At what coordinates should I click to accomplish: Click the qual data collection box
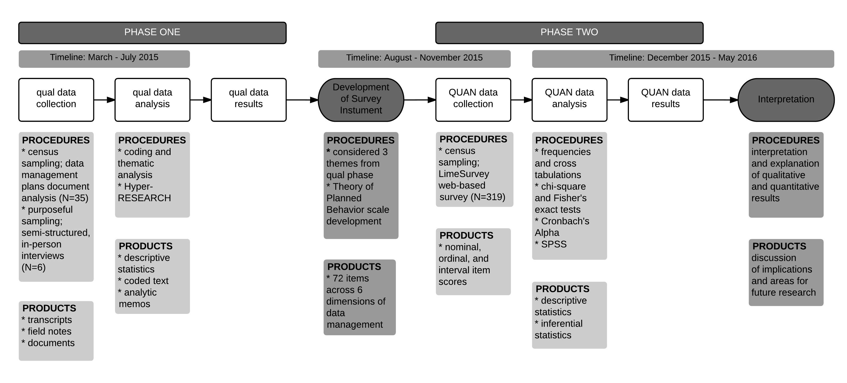click(x=56, y=100)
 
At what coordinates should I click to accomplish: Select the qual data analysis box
click(x=152, y=100)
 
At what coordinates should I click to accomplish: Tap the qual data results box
click(x=249, y=100)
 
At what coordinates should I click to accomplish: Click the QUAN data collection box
click(x=473, y=100)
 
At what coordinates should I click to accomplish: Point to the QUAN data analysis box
click(x=569, y=100)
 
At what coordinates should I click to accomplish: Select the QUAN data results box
click(x=666, y=100)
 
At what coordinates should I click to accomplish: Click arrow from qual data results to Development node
click(x=302, y=100)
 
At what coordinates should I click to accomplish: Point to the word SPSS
click(x=554, y=245)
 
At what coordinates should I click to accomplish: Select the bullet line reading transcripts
click(x=49, y=320)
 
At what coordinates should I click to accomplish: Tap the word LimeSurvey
click(x=464, y=174)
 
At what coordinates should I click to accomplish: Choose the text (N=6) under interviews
click(x=33, y=267)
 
